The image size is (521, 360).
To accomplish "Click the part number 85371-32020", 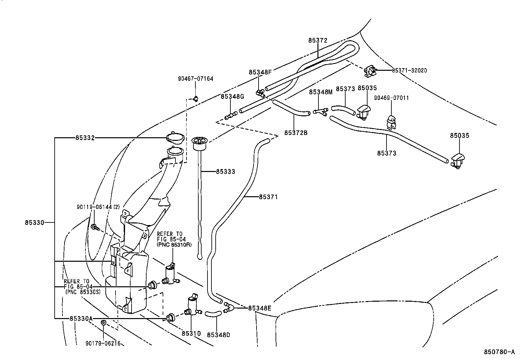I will tap(409, 70).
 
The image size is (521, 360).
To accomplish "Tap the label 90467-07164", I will tap(195, 79).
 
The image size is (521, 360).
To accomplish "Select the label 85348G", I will tap(232, 96).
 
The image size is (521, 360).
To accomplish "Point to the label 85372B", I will tap(296, 133).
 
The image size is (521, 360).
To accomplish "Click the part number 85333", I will tap(225, 171).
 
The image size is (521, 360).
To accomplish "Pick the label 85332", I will tap(85, 138).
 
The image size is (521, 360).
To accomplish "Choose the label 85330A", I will tap(81, 318).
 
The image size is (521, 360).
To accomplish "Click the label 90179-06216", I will tap(103, 343).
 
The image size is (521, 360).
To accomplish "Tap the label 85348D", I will tap(219, 335).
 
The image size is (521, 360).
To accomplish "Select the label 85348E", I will tap(260, 308).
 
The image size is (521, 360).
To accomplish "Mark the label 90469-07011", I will tap(391, 98).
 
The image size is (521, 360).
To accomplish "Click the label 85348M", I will tap(321, 92).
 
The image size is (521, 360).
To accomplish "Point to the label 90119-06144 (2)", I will tap(99, 207).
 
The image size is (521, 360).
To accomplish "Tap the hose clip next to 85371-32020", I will tap(370, 71).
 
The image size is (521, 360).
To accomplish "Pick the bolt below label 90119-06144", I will tap(94, 227).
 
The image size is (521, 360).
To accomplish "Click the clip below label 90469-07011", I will tap(391, 121).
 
